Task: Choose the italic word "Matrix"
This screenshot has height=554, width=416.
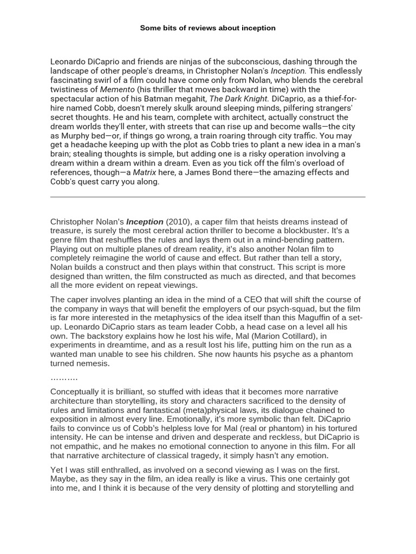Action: [145, 172]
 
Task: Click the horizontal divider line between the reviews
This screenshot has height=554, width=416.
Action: [208, 197]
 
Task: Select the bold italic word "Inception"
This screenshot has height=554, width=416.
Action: [145, 221]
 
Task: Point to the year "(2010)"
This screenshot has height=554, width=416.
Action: [178, 221]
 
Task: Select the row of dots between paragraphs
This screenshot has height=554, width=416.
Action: [64, 378]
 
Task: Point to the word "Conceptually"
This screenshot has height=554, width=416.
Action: [76, 391]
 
